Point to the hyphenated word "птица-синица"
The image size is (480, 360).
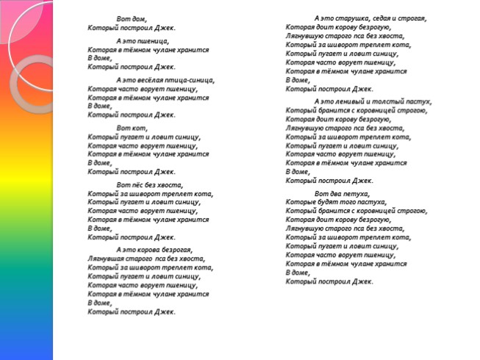pos(192,79)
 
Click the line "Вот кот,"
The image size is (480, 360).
pos(128,128)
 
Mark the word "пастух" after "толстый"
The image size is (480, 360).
pos(420,101)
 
